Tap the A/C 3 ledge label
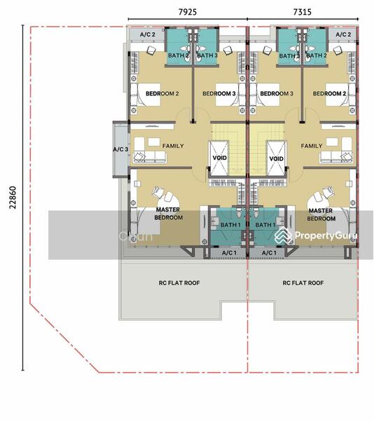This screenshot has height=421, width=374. tap(120, 149)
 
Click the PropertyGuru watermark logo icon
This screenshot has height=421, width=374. tap(284, 236)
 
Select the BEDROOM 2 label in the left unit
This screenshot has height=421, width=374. tap(162, 93)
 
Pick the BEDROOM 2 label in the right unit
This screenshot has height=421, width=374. tap(329, 93)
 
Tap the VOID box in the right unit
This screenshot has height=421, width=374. tap(277, 159)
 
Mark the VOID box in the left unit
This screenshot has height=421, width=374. tap(219, 159)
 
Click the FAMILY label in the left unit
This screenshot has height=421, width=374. tap(173, 146)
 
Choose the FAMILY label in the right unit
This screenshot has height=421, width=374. tap(312, 146)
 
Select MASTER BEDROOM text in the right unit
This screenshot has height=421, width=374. tap(321, 214)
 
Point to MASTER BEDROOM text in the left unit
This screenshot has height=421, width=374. tap(169, 214)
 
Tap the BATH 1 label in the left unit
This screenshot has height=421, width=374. tap(230, 225)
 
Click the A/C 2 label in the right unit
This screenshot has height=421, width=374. tap(343, 34)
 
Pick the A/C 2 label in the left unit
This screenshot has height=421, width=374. tap(148, 34)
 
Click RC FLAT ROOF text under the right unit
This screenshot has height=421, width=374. tap(303, 283)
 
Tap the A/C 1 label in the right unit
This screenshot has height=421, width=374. tap(268, 253)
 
